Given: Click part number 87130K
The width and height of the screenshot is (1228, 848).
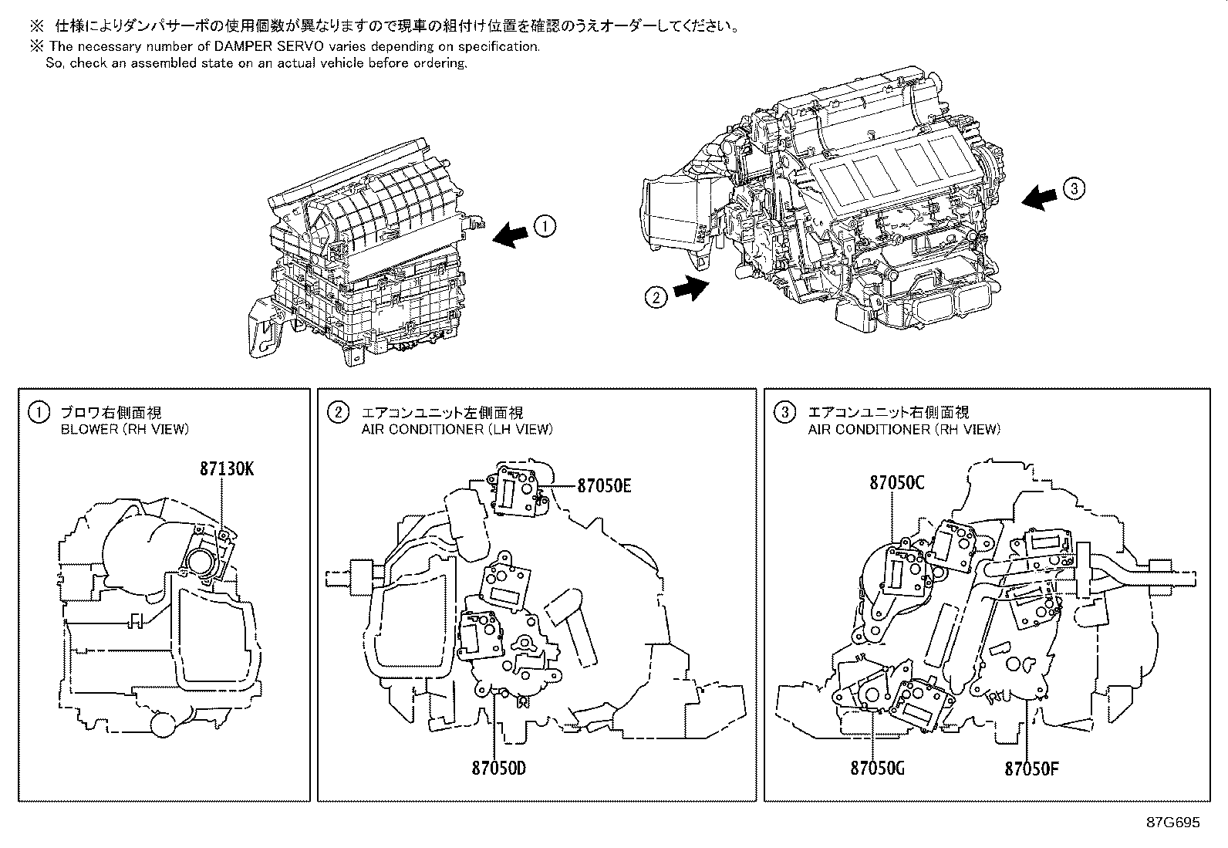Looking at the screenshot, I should click(226, 469).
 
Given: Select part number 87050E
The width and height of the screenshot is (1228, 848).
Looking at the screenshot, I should click(605, 485).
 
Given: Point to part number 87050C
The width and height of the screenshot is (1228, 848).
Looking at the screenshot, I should click(897, 482).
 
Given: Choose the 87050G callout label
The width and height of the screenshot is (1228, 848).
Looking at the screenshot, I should click(878, 769).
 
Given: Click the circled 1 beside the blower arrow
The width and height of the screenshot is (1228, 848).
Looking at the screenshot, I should click(545, 226).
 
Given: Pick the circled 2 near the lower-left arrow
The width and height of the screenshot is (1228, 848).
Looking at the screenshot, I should click(655, 296).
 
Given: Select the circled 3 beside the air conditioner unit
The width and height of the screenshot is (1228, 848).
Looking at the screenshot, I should click(1073, 188).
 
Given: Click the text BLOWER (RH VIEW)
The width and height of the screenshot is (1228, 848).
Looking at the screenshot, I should click(124, 430).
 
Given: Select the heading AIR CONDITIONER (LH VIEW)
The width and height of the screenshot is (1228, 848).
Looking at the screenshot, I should click(457, 430).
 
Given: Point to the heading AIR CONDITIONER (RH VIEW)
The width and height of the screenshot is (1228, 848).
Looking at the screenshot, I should click(903, 430).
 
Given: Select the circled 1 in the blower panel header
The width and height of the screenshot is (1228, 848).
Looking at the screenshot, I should click(38, 413).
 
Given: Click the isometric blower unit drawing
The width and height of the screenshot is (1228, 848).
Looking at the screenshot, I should click(370, 255).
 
